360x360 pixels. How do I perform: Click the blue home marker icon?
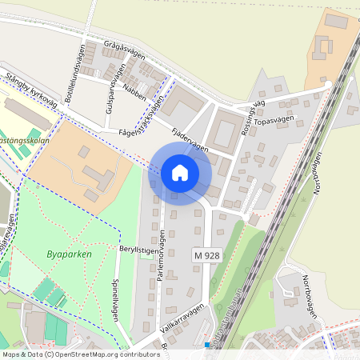180,172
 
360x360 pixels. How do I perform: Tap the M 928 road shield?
206,254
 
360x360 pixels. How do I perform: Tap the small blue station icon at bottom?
206,346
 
